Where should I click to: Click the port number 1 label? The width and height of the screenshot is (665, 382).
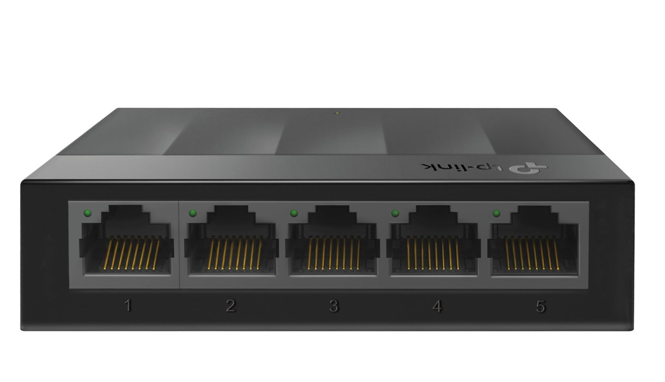pyautogui.click(x=128, y=306)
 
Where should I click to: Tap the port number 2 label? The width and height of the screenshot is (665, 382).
pyautogui.click(x=231, y=306)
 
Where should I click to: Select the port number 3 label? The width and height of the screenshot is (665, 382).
pyautogui.click(x=334, y=306)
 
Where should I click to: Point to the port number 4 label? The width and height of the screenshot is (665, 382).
pyautogui.click(x=437, y=307)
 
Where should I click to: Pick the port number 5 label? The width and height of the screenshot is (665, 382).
pyautogui.click(x=541, y=307)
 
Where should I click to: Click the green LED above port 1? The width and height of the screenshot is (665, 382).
pyautogui.click(x=88, y=213)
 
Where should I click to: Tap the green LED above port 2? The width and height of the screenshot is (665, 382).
pyautogui.click(x=193, y=213)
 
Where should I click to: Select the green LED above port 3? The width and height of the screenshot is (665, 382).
pyautogui.click(x=294, y=213)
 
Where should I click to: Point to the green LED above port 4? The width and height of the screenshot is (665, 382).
pyautogui.click(x=395, y=213)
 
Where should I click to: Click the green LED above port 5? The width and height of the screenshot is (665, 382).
pyautogui.click(x=496, y=213)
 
